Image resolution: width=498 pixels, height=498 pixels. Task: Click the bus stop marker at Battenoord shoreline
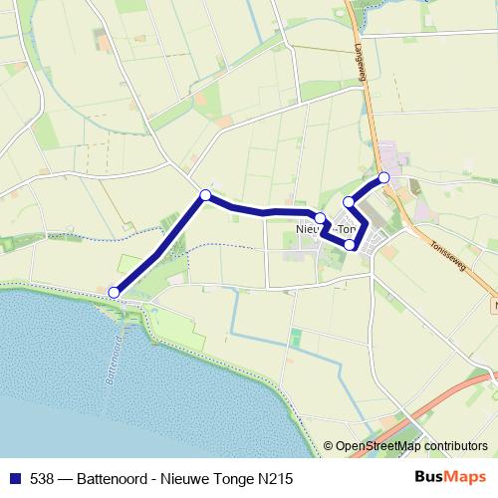pos(115,292)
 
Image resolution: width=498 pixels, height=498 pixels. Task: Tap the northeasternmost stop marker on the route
pos(383,177)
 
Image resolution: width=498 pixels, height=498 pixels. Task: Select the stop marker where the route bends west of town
pos(205,195)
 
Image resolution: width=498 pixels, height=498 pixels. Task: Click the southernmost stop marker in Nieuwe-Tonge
pos(350,244)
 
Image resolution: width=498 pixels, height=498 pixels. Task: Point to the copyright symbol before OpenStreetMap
pos(330,447)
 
